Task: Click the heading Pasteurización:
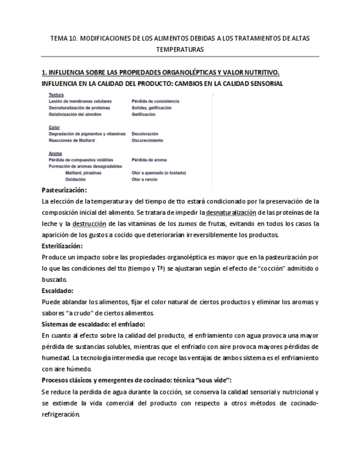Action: coord(64,190)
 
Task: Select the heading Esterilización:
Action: coord(62,246)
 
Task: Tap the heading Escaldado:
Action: coord(58,290)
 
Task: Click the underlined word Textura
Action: coord(56,95)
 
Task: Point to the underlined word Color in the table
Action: coord(54,127)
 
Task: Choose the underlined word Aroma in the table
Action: coord(55,153)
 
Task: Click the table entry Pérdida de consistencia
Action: coord(155,102)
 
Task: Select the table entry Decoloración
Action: coord(145,134)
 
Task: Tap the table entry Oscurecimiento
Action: coord(147,141)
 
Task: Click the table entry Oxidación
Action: coord(76,180)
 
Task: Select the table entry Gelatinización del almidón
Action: coord(75,115)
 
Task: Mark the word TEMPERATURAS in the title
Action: coord(180,49)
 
